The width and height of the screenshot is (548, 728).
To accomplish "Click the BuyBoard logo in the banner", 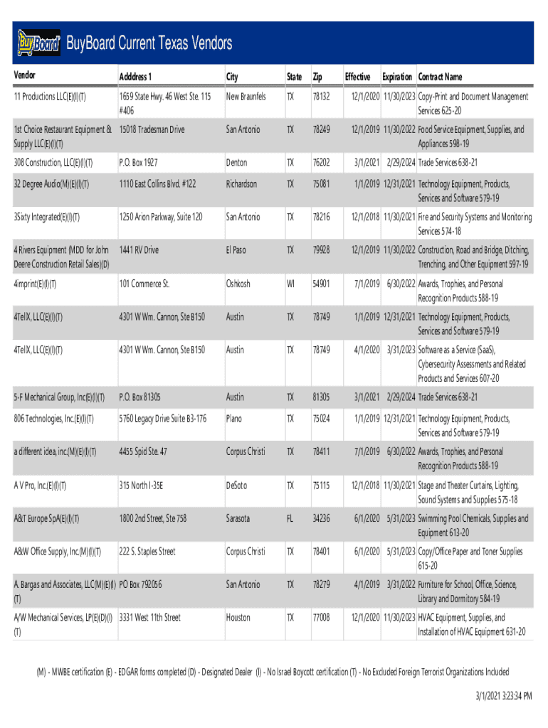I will click(x=39, y=43).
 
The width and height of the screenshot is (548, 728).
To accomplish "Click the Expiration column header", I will click(x=396, y=77).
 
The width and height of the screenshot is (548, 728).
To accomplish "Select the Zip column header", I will click(x=317, y=77).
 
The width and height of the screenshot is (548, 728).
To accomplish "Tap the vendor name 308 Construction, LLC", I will click(x=53, y=163).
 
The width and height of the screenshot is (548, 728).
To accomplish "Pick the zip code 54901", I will click(x=320, y=284).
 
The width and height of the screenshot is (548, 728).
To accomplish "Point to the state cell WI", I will click(x=290, y=284).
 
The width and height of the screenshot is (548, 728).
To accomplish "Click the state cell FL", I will click(x=290, y=518).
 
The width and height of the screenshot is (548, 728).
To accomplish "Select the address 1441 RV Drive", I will click(x=139, y=250).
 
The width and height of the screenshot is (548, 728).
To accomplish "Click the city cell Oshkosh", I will click(x=238, y=284).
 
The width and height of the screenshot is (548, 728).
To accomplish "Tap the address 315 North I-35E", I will click(x=141, y=486).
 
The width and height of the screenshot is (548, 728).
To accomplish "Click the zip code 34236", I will click(x=320, y=518).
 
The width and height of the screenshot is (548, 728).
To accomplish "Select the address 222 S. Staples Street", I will click(x=147, y=552).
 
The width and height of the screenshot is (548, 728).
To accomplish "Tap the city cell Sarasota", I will click(x=238, y=518).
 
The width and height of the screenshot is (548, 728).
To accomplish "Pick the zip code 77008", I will click(x=320, y=618).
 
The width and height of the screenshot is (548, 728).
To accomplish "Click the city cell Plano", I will click(x=234, y=419).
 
